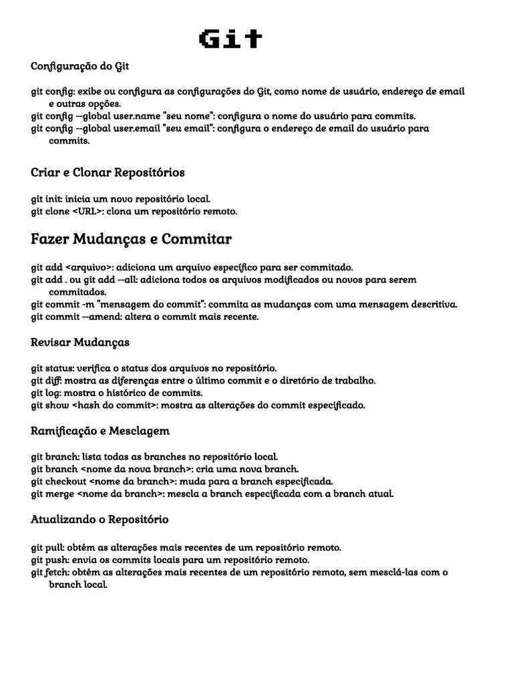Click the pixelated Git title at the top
click(x=230, y=39)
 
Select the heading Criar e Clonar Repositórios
click(x=108, y=172)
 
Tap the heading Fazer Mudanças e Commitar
click(x=131, y=238)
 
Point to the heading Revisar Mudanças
click(x=80, y=342)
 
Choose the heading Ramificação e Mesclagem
click(x=100, y=430)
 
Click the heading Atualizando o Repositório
click(x=100, y=519)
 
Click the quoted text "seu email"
click(x=189, y=128)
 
